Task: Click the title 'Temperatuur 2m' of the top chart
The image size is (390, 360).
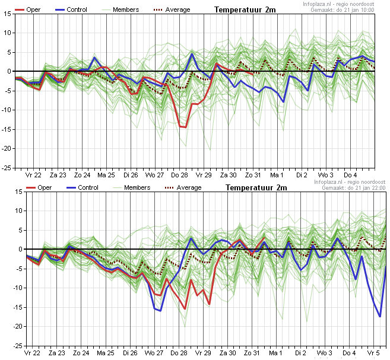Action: click(245, 10)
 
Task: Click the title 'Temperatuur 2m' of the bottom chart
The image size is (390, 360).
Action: click(256, 188)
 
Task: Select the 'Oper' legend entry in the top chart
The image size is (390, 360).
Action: click(28, 9)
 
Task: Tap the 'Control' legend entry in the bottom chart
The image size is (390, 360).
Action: click(83, 187)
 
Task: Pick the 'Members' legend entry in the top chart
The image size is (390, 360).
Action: click(121, 9)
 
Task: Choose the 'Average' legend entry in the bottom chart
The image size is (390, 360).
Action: click(183, 187)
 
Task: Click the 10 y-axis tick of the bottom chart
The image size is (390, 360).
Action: click(19, 211)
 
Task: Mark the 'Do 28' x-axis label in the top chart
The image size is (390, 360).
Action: click(179, 175)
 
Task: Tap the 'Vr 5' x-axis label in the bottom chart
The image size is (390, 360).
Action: click(374, 353)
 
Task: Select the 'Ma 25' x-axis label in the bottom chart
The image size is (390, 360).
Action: click(106, 353)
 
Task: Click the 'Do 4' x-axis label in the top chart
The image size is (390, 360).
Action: click(350, 175)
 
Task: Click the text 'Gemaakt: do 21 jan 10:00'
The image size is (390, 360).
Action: click(343, 10)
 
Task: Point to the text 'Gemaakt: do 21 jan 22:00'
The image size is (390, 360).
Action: click(354, 188)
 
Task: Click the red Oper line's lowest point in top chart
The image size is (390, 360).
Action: click(186, 127)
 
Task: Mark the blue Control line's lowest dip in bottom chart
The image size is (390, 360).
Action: click(380, 317)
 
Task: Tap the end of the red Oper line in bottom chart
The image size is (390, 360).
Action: click(264, 238)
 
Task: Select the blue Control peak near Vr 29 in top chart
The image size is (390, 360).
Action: click(192, 53)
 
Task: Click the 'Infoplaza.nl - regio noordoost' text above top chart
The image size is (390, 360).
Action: click(338, 4)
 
